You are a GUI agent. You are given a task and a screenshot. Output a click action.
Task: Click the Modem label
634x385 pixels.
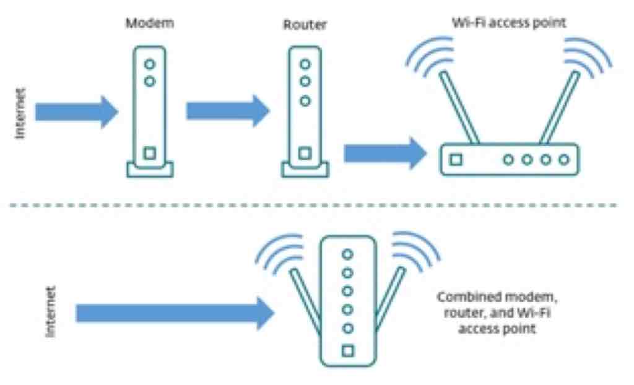[x=150, y=23]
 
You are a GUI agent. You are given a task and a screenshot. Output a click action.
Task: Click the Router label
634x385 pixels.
[x=305, y=24]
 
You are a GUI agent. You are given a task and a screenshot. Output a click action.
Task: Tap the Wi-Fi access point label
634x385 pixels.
[x=509, y=23]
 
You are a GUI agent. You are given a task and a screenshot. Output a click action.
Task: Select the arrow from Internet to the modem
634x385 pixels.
[x=77, y=112]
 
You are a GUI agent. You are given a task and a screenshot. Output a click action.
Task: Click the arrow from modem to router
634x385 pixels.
[x=228, y=111]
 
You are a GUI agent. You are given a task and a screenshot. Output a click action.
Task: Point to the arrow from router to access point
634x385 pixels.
[x=385, y=153]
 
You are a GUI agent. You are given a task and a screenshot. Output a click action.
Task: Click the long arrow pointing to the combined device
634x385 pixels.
[x=175, y=313]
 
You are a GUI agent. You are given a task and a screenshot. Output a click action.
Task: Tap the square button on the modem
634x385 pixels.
[x=150, y=154]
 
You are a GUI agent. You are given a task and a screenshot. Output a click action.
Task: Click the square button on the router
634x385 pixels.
[x=305, y=154]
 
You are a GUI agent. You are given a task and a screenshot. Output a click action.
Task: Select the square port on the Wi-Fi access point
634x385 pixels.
[x=456, y=160]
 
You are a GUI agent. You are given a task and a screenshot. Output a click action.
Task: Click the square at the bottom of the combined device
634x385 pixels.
[x=348, y=350]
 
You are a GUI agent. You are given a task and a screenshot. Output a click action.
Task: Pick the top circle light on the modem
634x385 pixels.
[x=150, y=64]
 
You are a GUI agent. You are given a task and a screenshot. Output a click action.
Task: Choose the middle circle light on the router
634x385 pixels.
[x=305, y=81]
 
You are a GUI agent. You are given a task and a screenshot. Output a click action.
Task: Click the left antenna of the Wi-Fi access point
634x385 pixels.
[x=459, y=108]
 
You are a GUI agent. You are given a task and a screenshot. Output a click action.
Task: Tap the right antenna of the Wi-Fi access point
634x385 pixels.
[x=560, y=108]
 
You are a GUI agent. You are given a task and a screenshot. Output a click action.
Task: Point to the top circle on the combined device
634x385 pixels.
[x=347, y=254]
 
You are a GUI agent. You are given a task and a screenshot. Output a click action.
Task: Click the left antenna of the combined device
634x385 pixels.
[x=306, y=301]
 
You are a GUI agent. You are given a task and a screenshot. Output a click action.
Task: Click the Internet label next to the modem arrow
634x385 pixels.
[x=20, y=113]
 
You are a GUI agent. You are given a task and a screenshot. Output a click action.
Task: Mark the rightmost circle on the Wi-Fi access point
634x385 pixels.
[x=564, y=160]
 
